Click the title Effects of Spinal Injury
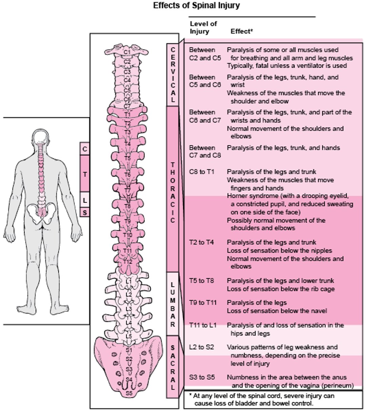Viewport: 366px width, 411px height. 196,6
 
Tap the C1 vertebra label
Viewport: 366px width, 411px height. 127,52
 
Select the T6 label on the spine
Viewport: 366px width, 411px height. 127,174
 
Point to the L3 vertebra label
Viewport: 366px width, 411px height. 128,309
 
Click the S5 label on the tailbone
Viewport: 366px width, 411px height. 129,393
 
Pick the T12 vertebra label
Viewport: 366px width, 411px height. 127,262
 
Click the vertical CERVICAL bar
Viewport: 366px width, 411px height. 173,75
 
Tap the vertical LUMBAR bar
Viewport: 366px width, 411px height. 172,304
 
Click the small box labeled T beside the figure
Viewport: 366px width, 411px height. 85,174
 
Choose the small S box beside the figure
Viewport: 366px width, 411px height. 85,212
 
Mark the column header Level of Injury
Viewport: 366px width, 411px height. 203,27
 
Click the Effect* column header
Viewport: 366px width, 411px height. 242,32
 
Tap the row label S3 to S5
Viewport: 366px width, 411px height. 202,377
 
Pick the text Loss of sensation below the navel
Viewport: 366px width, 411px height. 277,311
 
